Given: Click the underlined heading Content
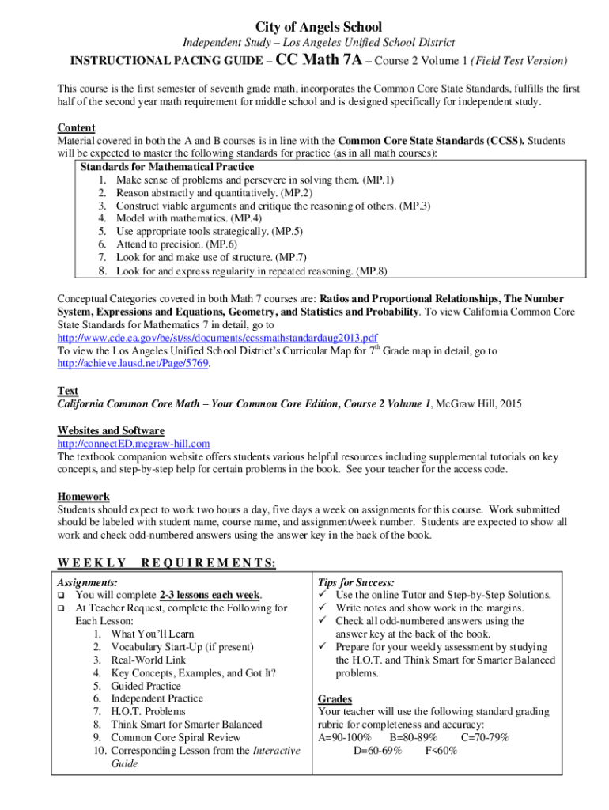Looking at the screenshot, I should pyautogui.click(x=76, y=128).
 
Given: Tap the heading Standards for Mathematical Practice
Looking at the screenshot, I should pyautogui.click(x=167, y=167).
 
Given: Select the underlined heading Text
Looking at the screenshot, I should pyautogui.click(x=68, y=391).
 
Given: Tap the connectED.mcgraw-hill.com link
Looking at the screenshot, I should pyautogui.click(x=134, y=444).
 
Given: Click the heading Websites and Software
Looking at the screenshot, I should pyautogui.click(x=111, y=431).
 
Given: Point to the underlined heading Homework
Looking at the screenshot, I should pyautogui.click(x=83, y=497).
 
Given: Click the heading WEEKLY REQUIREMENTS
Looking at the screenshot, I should pyautogui.click(x=166, y=562).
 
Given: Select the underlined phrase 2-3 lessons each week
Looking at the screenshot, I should pyautogui.click(x=210, y=595).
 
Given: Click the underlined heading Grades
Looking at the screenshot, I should pyautogui.click(x=335, y=699).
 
